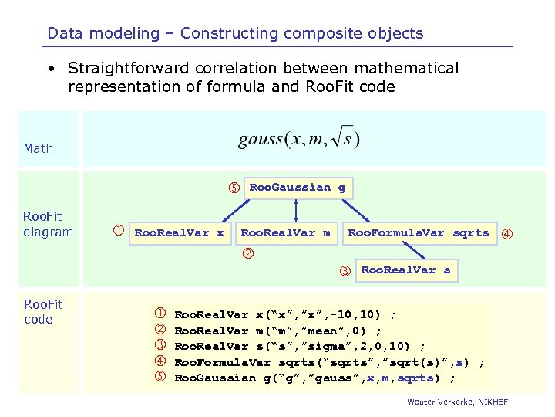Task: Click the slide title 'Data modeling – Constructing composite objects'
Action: pyautogui.click(x=235, y=33)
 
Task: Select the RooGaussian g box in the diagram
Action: pyautogui.click(x=298, y=188)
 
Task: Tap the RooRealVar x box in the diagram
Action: pyautogui.click(x=179, y=232)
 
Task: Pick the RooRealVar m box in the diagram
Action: pyautogui.click(x=286, y=232)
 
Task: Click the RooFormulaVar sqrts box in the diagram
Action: pyautogui.click(x=418, y=232)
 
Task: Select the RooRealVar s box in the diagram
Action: pyautogui.click(x=405, y=270)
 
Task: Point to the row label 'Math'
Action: pyautogui.click(x=39, y=148)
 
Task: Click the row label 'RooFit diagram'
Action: pyautogui.click(x=48, y=225)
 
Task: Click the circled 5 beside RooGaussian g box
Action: pyautogui.click(x=233, y=188)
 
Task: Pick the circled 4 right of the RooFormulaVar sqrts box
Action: pyautogui.click(x=507, y=233)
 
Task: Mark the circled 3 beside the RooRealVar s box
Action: pyautogui.click(x=346, y=271)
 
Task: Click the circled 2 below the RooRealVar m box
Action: pyautogui.click(x=248, y=253)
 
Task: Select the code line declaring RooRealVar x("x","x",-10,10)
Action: pyautogui.click(x=285, y=314)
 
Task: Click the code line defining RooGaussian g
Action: pyautogui.click(x=314, y=378)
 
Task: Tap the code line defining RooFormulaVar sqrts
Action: pyautogui.click(x=329, y=362)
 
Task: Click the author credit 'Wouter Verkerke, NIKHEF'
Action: pyautogui.click(x=458, y=403)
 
